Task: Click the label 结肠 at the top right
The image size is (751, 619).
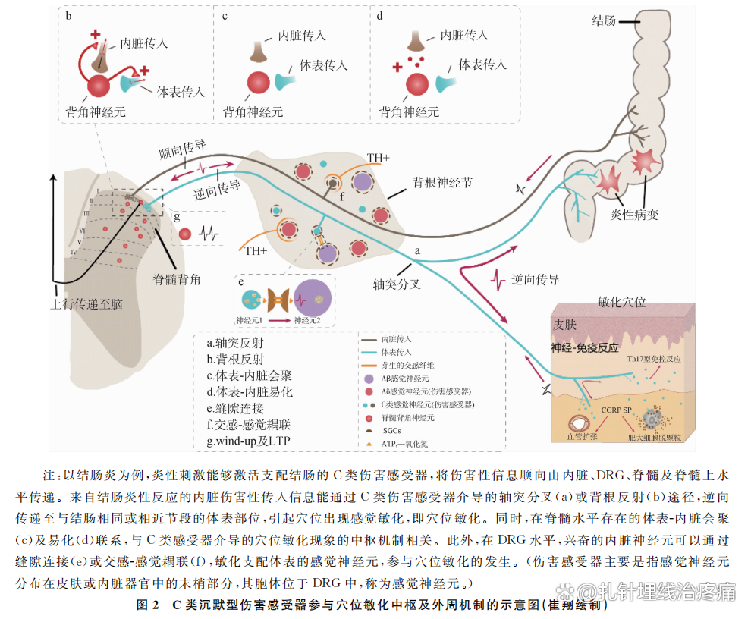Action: coord(604,21)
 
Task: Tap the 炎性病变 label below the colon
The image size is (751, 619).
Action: coord(635,215)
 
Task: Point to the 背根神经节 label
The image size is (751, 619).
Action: coord(442,183)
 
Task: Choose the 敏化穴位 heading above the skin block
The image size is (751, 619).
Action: coord(622,301)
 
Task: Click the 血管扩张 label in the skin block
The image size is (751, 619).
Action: coord(583,438)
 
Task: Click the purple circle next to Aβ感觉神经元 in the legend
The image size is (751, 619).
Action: coord(369,377)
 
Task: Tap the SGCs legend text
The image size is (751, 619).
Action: coord(391,431)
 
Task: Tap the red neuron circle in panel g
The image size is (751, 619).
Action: coord(185,234)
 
